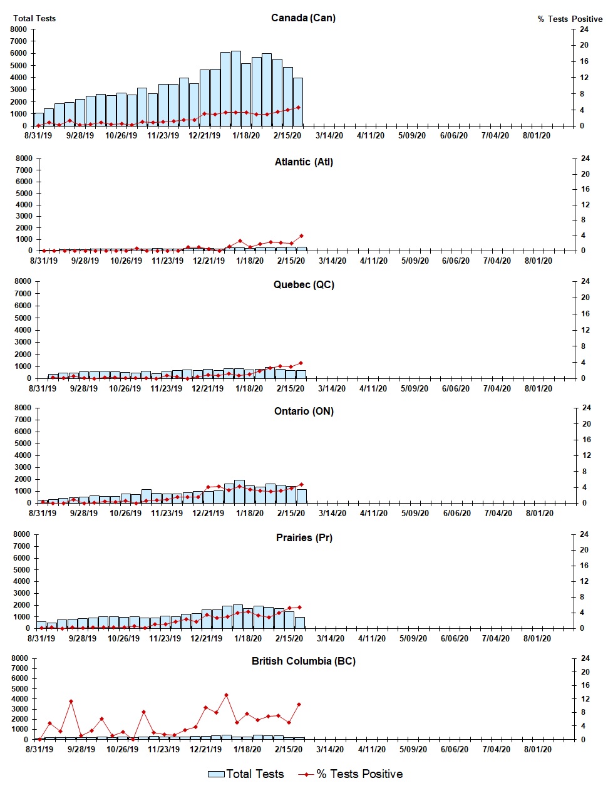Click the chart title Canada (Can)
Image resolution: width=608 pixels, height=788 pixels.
coord(303,18)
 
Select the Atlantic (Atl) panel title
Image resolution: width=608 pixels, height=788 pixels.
coord(304,162)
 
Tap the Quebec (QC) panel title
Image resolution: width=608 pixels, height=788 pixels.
coord(304,284)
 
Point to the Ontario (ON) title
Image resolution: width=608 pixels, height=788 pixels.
coord(304,411)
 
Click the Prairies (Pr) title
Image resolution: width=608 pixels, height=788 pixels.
coord(304,537)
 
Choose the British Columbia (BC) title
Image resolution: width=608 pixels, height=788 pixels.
coord(303,661)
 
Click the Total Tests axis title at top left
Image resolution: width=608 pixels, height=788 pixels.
coord(34,18)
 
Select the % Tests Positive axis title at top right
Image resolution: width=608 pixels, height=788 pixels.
coord(570,19)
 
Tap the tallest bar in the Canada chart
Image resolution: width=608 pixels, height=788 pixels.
coord(236,88)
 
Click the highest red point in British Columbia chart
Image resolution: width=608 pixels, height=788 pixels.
coord(226,695)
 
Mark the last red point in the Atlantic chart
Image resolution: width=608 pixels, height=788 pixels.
coord(301,236)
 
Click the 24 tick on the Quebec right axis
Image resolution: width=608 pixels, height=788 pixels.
coord(585,281)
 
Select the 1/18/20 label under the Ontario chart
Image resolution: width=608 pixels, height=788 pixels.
coord(250,513)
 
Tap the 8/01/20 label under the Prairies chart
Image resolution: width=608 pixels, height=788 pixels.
coord(537,638)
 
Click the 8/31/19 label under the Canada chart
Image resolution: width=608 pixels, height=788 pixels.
coord(38,135)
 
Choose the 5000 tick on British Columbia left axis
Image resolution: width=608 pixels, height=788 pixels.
coord(19,688)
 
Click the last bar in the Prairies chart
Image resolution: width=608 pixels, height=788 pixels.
coord(300,623)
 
